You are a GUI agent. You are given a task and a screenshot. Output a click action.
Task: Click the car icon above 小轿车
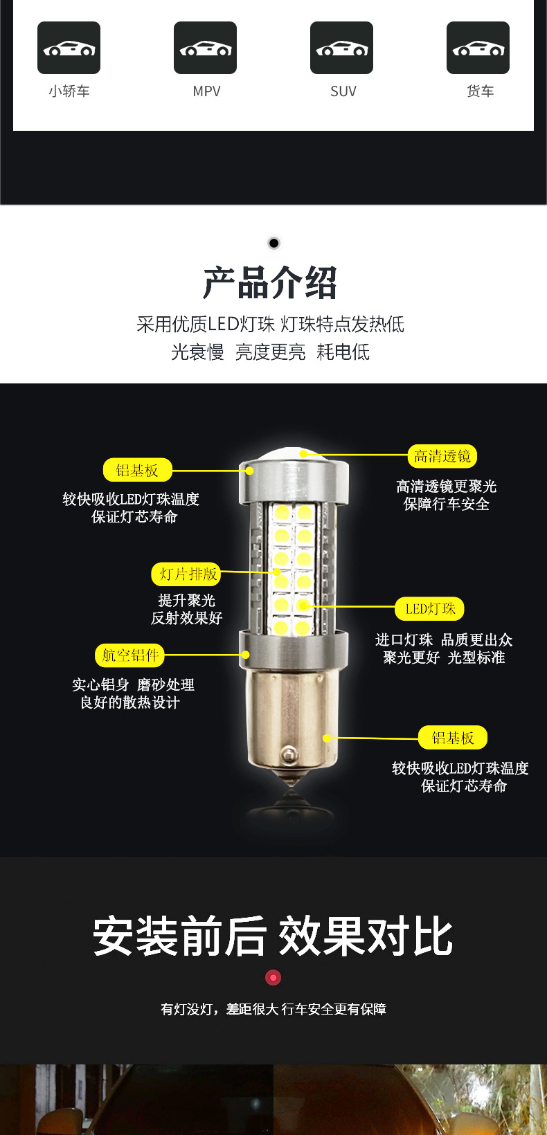(69, 48)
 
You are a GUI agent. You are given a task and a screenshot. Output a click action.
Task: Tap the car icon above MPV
(206, 48)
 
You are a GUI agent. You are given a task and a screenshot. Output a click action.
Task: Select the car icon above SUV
(341, 48)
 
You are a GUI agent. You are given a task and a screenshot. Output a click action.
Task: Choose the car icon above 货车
(478, 48)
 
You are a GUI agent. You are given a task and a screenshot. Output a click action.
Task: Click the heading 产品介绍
(270, 283)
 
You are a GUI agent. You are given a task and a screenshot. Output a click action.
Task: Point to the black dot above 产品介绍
(273, 243)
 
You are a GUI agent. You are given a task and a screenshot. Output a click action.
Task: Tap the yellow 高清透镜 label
(442, 456)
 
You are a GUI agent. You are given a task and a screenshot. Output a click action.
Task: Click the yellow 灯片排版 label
(186, 574)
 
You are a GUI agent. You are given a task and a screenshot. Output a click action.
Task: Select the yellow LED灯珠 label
(430, 608)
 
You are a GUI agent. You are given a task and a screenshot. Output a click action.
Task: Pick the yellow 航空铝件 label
(129, 655)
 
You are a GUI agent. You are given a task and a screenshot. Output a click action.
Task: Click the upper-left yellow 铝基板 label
(138, 470)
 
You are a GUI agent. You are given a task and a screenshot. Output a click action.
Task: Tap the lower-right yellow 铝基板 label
(453, 737)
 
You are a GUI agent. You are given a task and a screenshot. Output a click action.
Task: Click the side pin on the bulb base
(289, 754)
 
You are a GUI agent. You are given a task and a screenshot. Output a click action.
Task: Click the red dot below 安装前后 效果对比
(273, 977)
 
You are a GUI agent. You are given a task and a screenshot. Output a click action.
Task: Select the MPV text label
(207, 91)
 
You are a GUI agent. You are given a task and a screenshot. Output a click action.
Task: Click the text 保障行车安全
(446, 504)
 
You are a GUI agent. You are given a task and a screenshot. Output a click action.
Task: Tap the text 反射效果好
(186, 618)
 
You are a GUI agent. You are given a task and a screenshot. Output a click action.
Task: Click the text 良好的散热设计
(130, 702)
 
